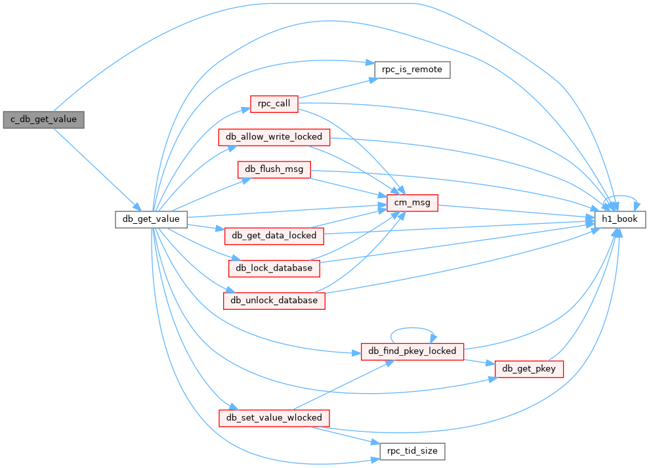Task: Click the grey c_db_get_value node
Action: tap(43, 119)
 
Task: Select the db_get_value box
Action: tap(151, 219)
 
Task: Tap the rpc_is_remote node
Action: tap(412, 70)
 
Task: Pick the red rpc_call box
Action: tap(274, 104)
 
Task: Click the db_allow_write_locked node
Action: tap(274, 137)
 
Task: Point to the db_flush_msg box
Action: tap(274, 170)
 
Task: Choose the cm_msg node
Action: tap(412, 203)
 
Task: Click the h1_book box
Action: tap(620, 219)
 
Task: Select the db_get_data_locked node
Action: tap(274, 236)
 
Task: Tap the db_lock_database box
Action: tap(274, 268)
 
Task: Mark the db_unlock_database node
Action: tap(274, 301)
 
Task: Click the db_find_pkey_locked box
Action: tap(412, 352)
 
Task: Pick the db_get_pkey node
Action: tap(529, 369)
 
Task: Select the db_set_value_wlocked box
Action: tap(274, 418)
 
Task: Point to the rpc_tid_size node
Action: tap(412, 452)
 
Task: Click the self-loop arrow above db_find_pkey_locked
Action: tap(412, 328)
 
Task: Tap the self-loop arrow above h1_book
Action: tap(621, 196)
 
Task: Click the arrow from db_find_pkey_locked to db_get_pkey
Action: tap(479, 362)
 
